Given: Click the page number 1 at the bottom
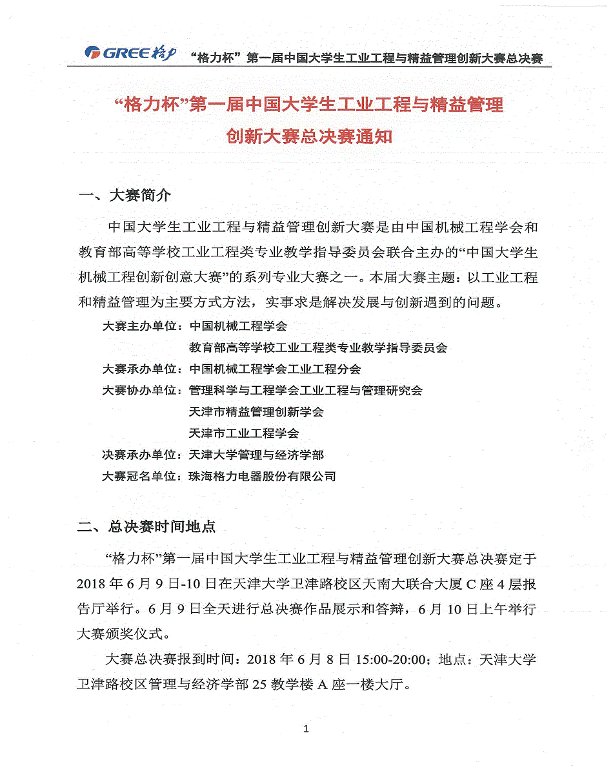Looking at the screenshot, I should point(306,730).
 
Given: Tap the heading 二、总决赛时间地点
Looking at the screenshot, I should point(146,527).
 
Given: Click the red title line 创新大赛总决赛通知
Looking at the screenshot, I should point(309,137).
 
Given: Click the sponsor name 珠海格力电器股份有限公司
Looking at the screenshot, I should point(263,477).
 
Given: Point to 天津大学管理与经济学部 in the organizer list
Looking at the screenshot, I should point(256,455).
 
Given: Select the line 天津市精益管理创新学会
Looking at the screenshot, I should point(256,412).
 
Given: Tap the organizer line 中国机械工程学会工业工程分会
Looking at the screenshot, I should point(275,369).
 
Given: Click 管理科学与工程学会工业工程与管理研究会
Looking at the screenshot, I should point(306,391).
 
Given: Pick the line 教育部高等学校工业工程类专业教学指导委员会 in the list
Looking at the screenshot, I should point(318,347).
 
